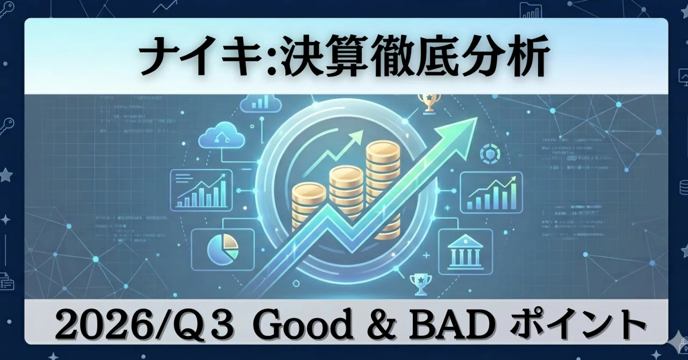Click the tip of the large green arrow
click(x=477, y=118)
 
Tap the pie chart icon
click(x=223, y=249)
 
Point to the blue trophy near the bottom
click(x=420, y=285)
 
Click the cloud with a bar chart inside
click(x=261, y=102)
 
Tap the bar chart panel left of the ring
click(x=201, y=190)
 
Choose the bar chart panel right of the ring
click(x=491, y=192)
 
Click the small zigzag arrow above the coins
click(x=333, y=152)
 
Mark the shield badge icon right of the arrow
click(x=490, y=154)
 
